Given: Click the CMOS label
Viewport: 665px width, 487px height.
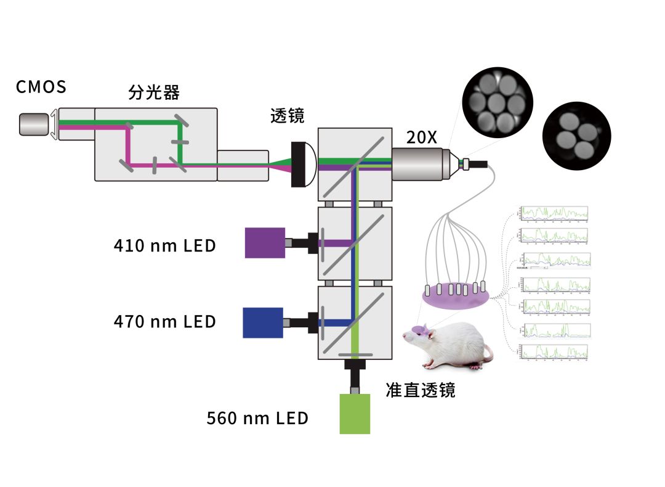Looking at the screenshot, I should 41,87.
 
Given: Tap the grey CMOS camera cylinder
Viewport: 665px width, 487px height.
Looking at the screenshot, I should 34,124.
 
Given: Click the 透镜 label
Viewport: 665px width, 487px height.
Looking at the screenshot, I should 287,116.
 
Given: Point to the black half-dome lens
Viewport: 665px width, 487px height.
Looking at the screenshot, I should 303,165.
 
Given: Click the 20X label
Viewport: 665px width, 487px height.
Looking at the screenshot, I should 421,137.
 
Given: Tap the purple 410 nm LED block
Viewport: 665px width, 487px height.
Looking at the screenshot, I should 265,242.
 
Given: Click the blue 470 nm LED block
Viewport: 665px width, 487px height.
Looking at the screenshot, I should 263,322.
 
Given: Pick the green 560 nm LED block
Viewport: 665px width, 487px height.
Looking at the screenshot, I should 355,414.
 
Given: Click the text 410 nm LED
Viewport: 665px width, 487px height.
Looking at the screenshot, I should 164,245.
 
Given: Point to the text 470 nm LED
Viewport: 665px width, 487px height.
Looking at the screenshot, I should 164,321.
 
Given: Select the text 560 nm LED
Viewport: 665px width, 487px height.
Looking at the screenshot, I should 257,418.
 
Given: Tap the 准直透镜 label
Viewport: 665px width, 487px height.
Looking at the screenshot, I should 421,390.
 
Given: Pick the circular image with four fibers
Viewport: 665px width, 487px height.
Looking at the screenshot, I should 576,136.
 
